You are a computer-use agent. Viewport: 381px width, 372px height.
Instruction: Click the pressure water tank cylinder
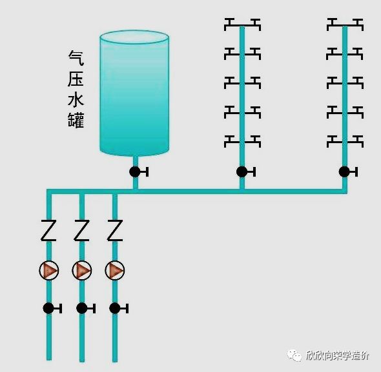pos(134,93)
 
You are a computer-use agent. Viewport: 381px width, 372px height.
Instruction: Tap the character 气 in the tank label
pos(76,57)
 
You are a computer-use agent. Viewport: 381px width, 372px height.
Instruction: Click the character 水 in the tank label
pos(76,99)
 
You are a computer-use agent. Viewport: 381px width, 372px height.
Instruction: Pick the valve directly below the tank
pos(135,171)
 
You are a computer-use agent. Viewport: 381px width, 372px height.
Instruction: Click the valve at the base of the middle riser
pos(242,171)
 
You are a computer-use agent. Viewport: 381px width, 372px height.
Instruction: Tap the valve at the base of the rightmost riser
pos(344,171)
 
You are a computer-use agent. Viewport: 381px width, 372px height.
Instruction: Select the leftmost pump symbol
pos(48,270)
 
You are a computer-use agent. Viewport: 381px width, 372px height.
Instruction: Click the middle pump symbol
pos(81,270)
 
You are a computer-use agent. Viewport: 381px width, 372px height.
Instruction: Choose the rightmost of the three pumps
pos(114,270)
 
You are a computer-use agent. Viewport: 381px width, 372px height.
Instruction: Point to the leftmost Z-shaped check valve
pos(48,230)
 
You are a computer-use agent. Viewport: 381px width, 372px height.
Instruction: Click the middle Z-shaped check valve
pos(81,230)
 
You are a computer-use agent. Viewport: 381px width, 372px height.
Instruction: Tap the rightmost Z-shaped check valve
pos(114,230)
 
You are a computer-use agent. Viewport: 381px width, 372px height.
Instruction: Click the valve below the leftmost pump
pos(48,308)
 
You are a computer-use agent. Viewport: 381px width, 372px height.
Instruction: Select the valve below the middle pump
pos(81,308)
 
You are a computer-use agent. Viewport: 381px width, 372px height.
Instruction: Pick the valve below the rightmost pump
pos(114,308)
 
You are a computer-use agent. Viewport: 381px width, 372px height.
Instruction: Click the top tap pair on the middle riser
pos(242,24)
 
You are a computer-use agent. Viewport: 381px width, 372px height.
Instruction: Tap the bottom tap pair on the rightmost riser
pos(344,140)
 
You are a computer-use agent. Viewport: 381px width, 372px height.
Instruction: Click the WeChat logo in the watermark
pos(296,355)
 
